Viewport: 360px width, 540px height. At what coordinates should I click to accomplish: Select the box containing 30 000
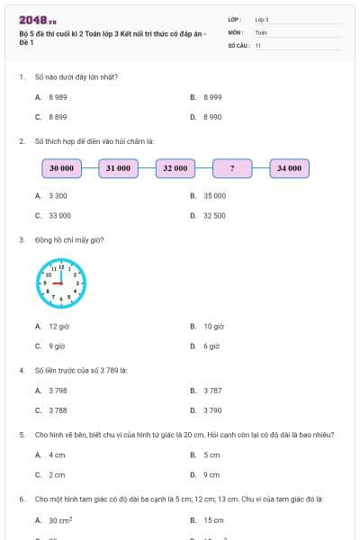point(61,168)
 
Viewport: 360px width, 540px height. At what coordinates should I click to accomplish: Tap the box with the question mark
point(232,168)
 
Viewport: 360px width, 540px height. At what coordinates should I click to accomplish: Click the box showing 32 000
point(175,168)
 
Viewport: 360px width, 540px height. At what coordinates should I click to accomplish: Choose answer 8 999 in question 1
point(212,96)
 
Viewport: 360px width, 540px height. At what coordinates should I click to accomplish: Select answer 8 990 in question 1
point(212,117)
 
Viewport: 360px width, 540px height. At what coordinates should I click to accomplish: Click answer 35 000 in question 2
point(214,195)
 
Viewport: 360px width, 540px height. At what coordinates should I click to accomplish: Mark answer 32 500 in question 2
point(214,216)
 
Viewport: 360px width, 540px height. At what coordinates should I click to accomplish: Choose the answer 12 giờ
point(58,326)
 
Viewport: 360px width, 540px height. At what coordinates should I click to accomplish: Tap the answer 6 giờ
point(212,346)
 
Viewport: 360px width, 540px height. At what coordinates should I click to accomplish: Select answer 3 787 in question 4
point(212,391)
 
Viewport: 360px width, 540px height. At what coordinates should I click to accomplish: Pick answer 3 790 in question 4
point(212,410)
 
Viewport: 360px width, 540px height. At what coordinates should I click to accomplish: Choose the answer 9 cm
point(211,475)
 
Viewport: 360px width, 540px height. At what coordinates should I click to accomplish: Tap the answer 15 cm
point(213,520)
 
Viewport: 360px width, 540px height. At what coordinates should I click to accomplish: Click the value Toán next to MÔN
point(261,32)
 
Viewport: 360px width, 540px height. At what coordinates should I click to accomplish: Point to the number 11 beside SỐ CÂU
point(258,45)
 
